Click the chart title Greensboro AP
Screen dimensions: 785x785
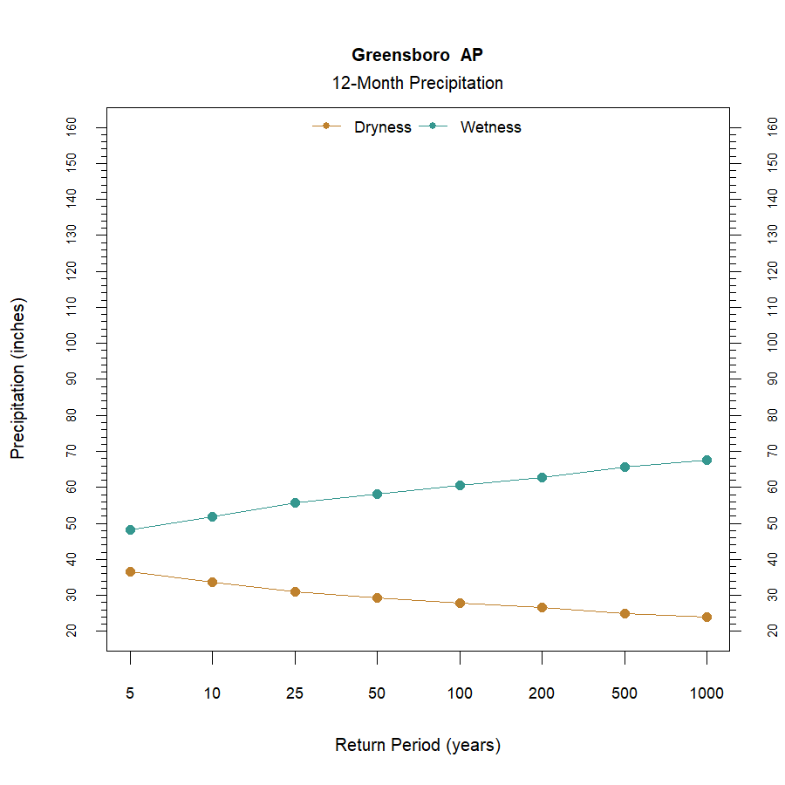tap(417, 55)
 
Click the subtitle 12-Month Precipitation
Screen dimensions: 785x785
tap(417, 84)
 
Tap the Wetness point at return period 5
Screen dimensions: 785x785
tap(130, 529)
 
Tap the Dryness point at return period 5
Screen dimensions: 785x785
tap(130, 571)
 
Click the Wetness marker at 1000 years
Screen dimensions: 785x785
tap(706, 460)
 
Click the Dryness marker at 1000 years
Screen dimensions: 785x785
tap(706, 617)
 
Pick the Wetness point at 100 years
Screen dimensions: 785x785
tap(460, 485)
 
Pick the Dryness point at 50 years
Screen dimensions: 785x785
tap(377, 597)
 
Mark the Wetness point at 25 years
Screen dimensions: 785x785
tap(295, 502)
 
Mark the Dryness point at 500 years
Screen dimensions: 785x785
tap(625, 613)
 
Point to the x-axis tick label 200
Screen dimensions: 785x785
tap(542, 694)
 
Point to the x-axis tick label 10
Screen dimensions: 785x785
tap(212, 694)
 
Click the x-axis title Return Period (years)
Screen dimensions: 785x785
tap(417, 746)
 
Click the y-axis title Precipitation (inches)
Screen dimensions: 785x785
tap(18, 379)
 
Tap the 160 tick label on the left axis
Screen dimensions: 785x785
tap(72, 127)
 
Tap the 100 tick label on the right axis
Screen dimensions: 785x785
tap(771, 343)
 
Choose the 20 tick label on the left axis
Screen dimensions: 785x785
tap(72, 630)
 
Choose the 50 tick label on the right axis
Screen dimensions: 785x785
tap(771, 522)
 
